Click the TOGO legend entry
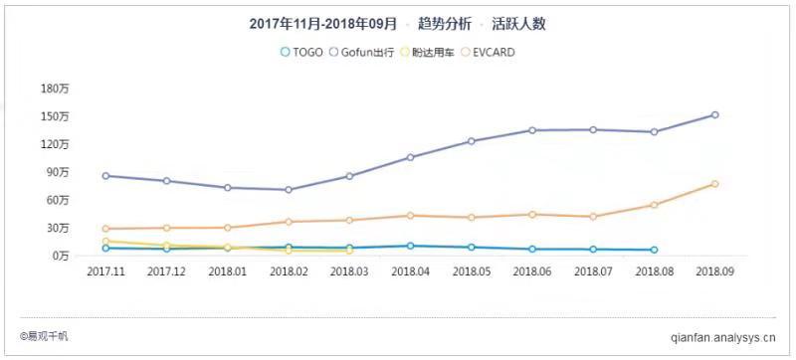tap(301, 52)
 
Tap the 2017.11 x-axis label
tap(104, 270)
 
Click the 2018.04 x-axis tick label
tap(410, 270)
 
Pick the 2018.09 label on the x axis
tap(714, 270)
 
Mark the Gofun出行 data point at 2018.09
tap(714, 115)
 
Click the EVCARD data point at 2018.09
tap(714, 184)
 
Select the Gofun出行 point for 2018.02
tap(288, 190)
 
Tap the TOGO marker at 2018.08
tap(654, 251)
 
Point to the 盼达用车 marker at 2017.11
tap(104, 242)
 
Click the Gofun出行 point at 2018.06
tap(531, 130)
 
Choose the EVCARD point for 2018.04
tap(410, 216)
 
